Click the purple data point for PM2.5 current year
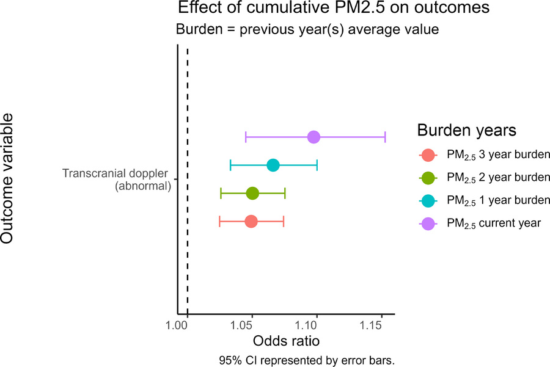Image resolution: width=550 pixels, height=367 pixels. [313, 137]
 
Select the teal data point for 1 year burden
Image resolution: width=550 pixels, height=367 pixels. [273, 165]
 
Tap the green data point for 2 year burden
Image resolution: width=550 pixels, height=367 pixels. [252, 193]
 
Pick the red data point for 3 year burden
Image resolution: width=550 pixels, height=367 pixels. [251, 221]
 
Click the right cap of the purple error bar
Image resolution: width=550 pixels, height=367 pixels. [385, 137]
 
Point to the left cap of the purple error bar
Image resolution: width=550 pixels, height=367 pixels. [246, 137]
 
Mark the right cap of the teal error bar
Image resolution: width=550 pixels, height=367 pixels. [317, 165]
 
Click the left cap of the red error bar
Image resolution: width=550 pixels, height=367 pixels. [219, 221]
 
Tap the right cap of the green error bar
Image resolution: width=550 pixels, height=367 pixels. [285, 193]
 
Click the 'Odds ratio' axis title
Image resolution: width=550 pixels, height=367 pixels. [285, 340]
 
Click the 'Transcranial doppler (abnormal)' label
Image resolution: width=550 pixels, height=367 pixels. [116, 180]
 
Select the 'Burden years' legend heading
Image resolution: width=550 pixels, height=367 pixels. [467, 130]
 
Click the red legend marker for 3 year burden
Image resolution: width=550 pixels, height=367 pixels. [428, 155]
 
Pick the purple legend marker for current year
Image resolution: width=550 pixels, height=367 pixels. [428, 223]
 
